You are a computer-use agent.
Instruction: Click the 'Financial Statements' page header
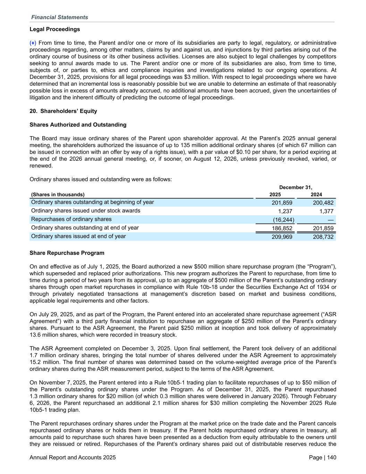pyautogui.click(x=59, y=17)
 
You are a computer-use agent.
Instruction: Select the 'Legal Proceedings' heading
pyautogui.click(x=55, y=29)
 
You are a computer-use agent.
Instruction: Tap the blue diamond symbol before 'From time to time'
pyautogui.click(x=33, y=43)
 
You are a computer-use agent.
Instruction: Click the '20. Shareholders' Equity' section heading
pyautogui.click(x=63, y=111)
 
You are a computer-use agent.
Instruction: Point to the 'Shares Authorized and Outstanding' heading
pyautogui.click(x=78, y=125)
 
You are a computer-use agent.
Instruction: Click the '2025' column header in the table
pyautogui.click(x=275, y=195)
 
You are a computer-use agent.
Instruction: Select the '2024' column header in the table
pyautogui.click(x=316, y=195)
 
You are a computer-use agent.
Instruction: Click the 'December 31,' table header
pyautogui.click(x=296, y=188)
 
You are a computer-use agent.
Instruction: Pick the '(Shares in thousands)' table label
pyautogui.click(x=58, y=195)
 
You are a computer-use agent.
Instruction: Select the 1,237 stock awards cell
pyautogui.click(x=286, y=211)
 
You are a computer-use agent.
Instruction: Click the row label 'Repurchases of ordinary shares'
pyautogui.click(x=71, y=219)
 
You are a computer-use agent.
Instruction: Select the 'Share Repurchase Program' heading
pyautogui.click(x=67, y=253)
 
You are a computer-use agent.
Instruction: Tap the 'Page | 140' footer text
pyautogui.click(x=322, y=458)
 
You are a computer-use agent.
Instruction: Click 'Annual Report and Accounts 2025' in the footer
pyautogui.click(x=73, y=458)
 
